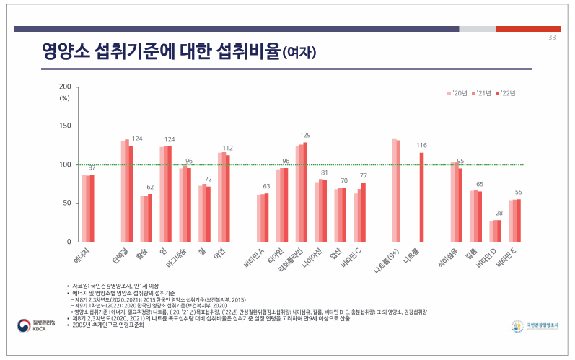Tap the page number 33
pyautogui.click(x=552, y=38)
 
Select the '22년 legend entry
pyautogui.click(x=506, y=93)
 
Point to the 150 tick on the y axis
pyautogui.click(x=65, y=126)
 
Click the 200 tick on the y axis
pyautogui.click(x=65, y=87)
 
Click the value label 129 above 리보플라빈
pyautogui.click(x=305, y=135)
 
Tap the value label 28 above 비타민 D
pyautogui.click(x=499, y=214)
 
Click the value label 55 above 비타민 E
pyautogui.click(x=518, y=193)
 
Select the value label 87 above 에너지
pyautogui.click(x=92, y=167)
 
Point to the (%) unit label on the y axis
pyautogui.click(x=64, y=97)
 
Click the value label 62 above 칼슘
pyautogui.click(x=150, y=187)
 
